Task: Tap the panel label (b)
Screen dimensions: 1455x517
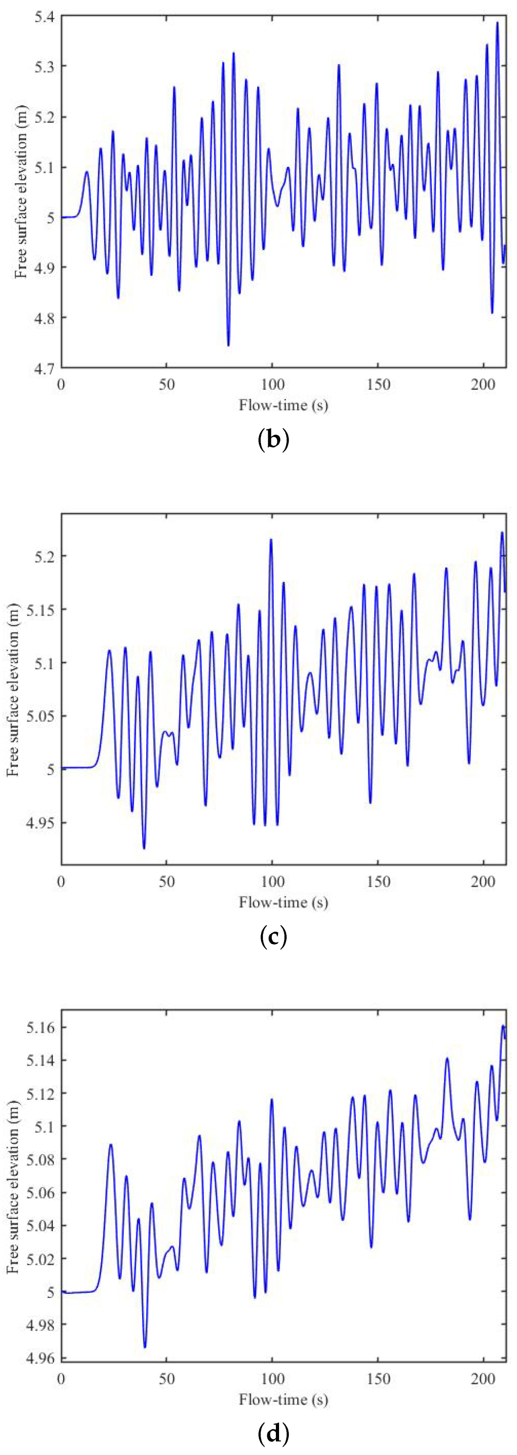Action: point(273,440)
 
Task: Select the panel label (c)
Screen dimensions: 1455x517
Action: point(273,936)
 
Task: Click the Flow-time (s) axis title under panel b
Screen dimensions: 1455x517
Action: point(284,405)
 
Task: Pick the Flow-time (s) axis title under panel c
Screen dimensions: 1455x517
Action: point(284,902)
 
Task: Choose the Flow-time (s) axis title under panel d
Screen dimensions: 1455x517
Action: point(284,1399)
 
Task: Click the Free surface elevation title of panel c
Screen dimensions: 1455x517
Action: point(14,689)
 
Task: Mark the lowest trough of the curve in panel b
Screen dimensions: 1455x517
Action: point(228,345)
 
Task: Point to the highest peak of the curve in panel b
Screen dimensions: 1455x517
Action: point(497,23)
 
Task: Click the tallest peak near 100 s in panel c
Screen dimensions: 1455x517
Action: point(271,539)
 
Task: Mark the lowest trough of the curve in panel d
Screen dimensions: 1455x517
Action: point(144,1347)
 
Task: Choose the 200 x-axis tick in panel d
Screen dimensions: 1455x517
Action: point(483,1379)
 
